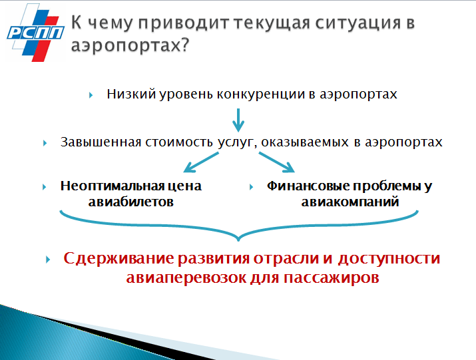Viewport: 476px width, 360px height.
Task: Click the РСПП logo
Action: coord(35,33)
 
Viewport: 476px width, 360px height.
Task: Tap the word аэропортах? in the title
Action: coord(130,45)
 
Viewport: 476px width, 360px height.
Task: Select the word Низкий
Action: coord(131,94)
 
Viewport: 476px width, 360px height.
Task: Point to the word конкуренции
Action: coord(261,94)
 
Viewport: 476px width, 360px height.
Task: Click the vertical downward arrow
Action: coord(238,120)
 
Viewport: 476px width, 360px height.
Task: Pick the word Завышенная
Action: coord(101,142)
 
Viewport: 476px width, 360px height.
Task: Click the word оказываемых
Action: coord(305,142)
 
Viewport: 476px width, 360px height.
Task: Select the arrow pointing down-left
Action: coord(201,162)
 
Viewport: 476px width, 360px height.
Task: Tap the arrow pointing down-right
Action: coord(276,162)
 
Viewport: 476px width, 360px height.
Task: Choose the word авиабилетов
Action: coord(131,202)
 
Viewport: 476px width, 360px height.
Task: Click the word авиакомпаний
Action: coord(350,202)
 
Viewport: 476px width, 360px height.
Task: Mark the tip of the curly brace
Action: coord(238,240)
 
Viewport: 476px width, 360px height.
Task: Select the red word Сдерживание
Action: coord(119,259)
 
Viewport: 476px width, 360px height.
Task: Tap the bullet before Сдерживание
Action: coord(48,260)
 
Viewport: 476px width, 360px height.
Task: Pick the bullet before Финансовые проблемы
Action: coord(251,187)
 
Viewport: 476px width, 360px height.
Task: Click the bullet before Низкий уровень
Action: coord(91,95)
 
